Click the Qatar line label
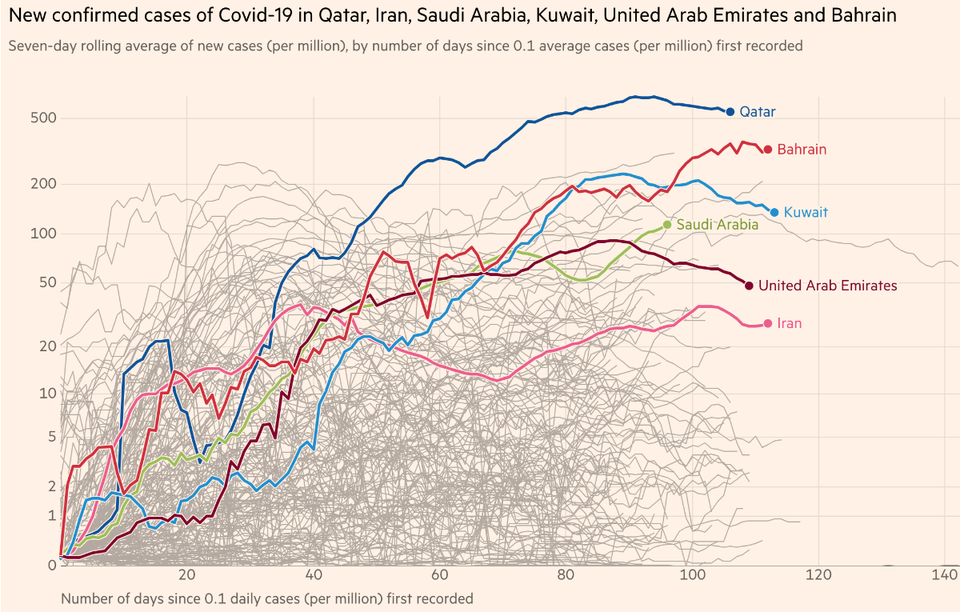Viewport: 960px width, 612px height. tap(757, 112)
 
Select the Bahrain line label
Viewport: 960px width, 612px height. tap(802, 150)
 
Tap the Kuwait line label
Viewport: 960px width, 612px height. tap(806, 213)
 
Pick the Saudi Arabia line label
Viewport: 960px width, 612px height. tap(717, 225)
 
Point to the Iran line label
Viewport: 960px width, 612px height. tap(788, 323)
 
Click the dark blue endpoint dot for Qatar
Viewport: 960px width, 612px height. tap(730, 112)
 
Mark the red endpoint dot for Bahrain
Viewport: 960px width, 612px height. tap(768, 150)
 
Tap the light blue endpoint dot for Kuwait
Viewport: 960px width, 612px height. tap(774, 213)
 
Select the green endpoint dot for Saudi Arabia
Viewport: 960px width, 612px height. tap(667, 225)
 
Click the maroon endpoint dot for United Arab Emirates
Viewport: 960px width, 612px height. tap(749, 286)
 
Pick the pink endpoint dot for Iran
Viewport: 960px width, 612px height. tap(768, 323)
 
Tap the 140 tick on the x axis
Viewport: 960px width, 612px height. tap(945, 575)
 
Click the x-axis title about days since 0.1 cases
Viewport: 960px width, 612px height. tap(266, 598)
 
